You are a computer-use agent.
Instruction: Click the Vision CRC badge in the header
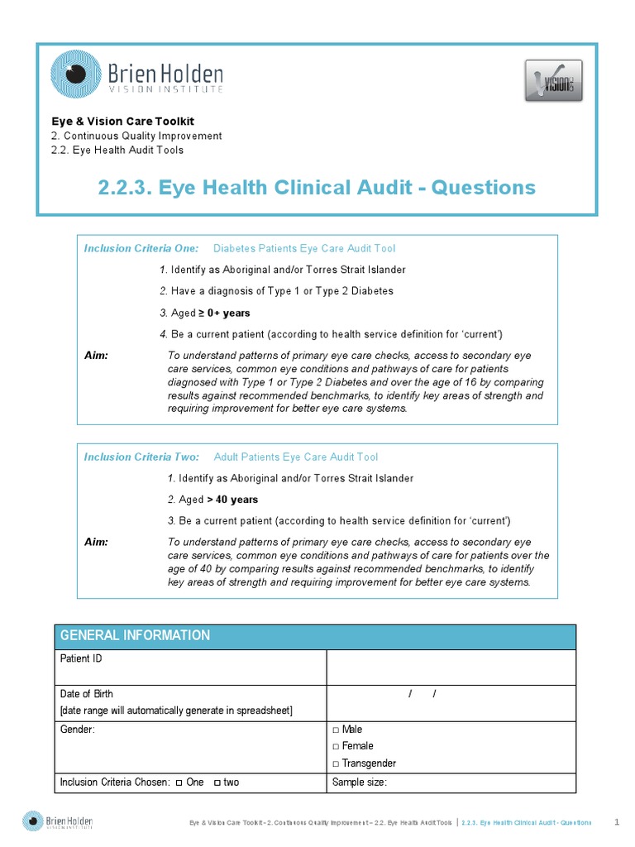[553, 80]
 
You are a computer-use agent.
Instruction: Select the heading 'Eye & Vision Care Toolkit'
[122, 121]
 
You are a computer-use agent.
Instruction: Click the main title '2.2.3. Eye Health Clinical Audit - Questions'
[317, 188]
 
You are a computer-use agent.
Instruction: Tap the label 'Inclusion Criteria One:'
[141, 248]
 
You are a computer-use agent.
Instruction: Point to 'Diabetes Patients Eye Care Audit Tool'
[304, 248]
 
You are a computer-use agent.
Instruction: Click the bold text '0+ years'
[229, 313]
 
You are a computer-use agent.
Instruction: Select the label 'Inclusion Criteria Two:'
[141, 457]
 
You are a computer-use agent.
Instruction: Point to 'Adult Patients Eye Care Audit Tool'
[296, 457]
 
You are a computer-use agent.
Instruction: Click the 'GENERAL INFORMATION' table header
[133, 636]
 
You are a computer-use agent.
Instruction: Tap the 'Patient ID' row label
[82, 659]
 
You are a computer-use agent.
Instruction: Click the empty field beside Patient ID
[451, 667]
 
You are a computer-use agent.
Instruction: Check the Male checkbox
[336, 730]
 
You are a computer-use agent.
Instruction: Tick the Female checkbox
[336, 747]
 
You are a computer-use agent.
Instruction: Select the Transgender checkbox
[336, 764]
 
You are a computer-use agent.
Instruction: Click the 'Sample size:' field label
[360, 782]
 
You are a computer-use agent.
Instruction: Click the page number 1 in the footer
[617, 821]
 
